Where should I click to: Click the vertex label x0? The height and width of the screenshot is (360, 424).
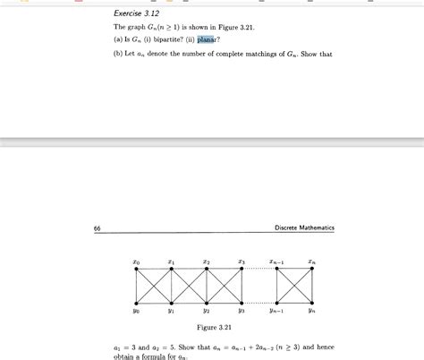[x=135, y=262]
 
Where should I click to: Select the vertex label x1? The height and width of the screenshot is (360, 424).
[x=171, y=262]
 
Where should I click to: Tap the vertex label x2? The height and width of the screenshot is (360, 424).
[x=206, y=262]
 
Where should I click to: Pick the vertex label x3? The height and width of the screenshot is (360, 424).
[x=242, y=262]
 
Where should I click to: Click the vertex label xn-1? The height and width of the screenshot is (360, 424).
[x=277, y=262]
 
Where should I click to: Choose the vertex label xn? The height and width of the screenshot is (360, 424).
[x=312, y=262]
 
